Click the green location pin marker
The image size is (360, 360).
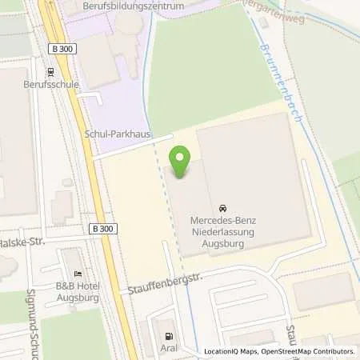[x=181, y=162]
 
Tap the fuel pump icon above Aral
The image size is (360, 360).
[x=168, y=337]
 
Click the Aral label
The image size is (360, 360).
[x=168, y=350]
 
